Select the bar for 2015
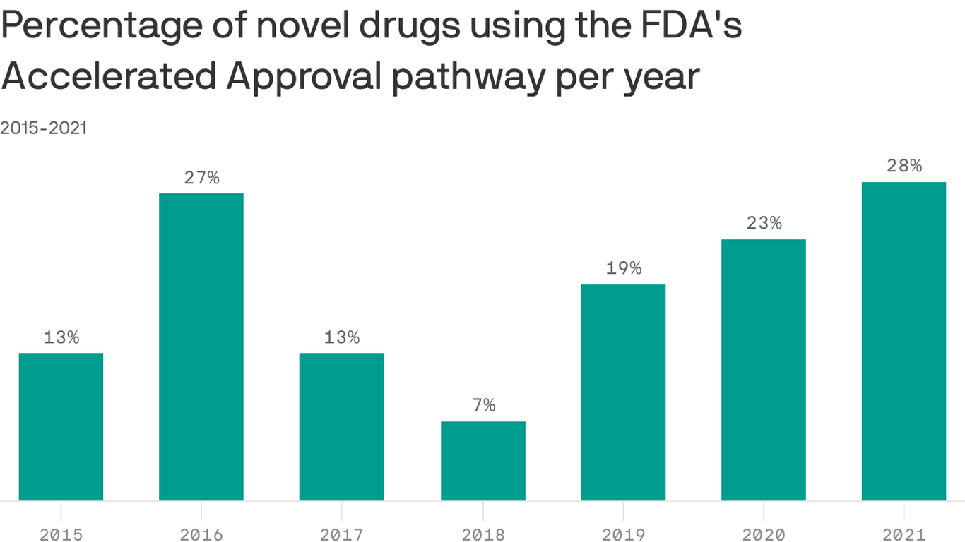(x=61, y=426)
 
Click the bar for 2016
(x=201, y=347)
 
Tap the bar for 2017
(x=341, y=426)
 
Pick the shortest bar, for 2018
(x=483, y=461)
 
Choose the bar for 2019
(x=623, y=392)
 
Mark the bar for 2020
(x=764, y=370)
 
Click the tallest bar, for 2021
(x=904, y=341)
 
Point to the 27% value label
(x=201, y=178)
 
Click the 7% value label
(x=483, y=406)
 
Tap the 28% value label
(x=904, y=166)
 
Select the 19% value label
(x=623, y=269)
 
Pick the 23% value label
(x=764, y=223)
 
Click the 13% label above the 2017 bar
(x=341, y=337)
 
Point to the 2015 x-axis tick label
(x=61, y=534)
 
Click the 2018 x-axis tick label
(x=483, y=534)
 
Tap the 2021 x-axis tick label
(x=904, y=534)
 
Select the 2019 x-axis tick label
(x=623, y=534)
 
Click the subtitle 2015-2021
(x=44, y=128)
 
